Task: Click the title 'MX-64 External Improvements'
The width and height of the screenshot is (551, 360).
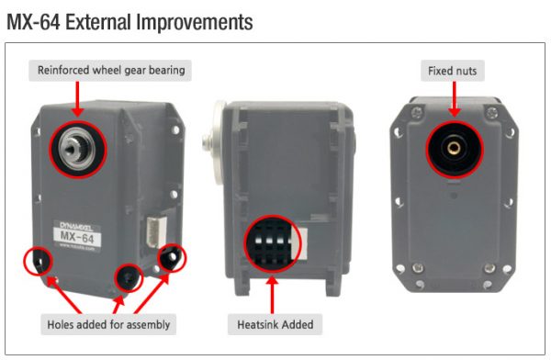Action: [x=129, y=22]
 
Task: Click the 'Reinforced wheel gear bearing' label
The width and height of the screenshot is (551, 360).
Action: [x=110, y=71]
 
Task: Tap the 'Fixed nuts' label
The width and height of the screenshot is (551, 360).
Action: [x=453, y=71]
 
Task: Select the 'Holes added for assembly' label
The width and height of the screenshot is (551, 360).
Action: [x=108, y=324]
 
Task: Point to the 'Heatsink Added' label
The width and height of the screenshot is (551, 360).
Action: [x=275, y=324]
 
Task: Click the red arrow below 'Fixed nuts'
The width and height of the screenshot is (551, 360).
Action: [x=454, y=99]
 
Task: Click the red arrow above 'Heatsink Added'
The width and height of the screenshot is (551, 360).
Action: [x=272, y=295]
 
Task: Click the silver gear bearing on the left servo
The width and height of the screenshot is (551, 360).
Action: [x=77, y=149]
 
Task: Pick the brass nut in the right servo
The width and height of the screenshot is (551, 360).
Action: [x=454, y=148]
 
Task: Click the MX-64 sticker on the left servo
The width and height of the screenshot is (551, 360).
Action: [x=77, y=235]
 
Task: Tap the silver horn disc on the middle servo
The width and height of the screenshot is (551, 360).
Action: [x=216, y=143]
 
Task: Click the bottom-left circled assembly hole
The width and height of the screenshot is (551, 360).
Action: [x=39, y=261]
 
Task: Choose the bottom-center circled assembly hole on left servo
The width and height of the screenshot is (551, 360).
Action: [x=129, y=278]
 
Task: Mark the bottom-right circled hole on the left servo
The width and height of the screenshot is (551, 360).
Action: [x=172, y=258]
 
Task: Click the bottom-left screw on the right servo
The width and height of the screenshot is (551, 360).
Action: [x=417, y=268]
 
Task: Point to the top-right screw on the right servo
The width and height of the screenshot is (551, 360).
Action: [x=491, y=113]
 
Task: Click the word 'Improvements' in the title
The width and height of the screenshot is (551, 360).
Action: [x=195, y=22]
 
